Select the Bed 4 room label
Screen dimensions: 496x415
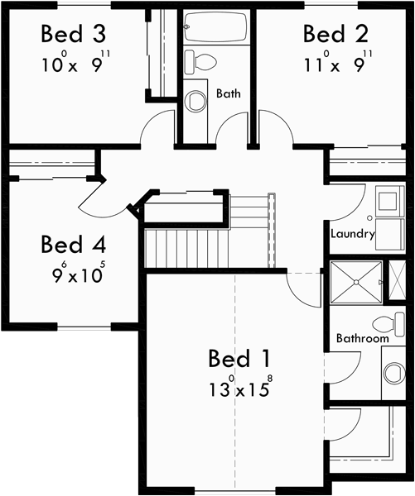point(75,245)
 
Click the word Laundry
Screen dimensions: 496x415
point(353,234)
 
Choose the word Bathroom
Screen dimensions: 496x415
point(363,339)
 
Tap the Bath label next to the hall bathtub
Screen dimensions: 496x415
point(229,93)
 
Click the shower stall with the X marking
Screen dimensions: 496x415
point(356,284)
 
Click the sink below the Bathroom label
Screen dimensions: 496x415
point(394,373)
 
